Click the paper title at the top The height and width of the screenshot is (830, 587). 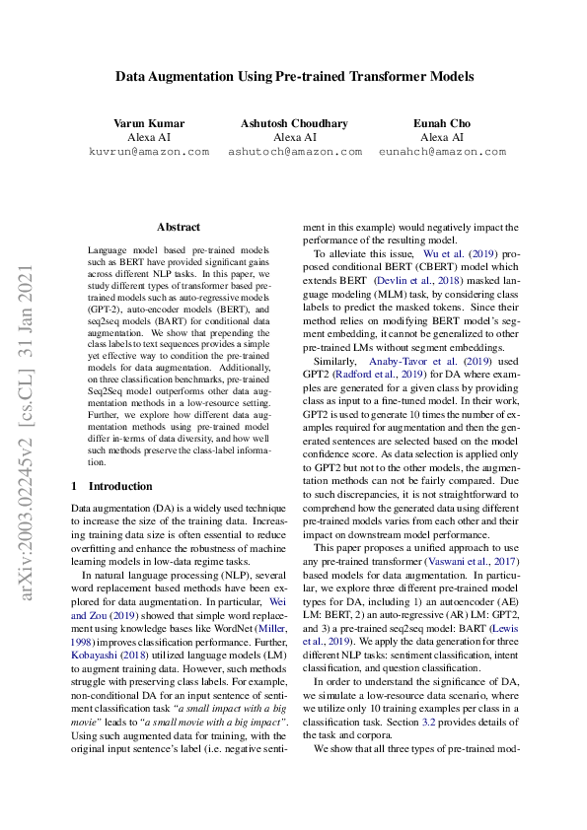click(294, 76)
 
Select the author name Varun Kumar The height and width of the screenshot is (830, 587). click(149, 123)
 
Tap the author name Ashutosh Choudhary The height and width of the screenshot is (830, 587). click(294, 123)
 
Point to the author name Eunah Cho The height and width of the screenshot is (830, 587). click(441, 123)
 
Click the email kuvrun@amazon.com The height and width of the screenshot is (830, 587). click(149, 152)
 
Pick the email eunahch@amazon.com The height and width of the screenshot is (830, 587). click(442, 152)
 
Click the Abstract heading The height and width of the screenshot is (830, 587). click(179, 227)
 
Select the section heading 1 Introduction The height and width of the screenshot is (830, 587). click(112, 486)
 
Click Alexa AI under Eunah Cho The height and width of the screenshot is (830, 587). click(441, 138)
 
